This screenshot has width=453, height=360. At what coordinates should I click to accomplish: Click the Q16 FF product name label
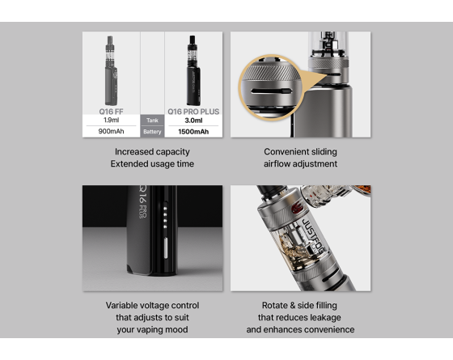pos(111,111)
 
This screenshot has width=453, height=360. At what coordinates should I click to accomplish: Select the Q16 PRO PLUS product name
pos(193,111)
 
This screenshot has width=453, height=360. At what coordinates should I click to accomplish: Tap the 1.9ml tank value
pos(111,120)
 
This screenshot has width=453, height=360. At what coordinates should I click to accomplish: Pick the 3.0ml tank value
pos(193,120)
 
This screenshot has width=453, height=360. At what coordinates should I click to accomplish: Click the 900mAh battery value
pos(111,132)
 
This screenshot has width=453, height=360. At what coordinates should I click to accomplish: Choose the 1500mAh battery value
pos(193,132)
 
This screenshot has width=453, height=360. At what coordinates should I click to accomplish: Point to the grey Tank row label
pos(152,120)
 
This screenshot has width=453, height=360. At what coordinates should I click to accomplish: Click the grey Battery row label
pos(152,132)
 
